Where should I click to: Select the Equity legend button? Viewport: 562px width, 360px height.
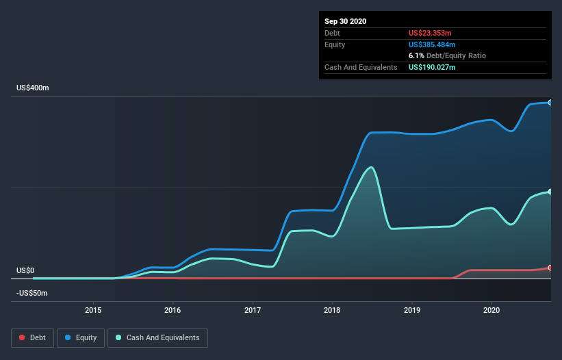point(81,337)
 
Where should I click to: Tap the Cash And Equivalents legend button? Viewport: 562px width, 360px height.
point(157,337)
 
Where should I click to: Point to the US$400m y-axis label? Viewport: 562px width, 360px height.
point(33,88)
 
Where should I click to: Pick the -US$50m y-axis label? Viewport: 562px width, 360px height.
point(32,294)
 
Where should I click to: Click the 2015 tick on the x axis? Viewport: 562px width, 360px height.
point(93,310)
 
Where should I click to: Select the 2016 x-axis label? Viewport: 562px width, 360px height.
point(173,310)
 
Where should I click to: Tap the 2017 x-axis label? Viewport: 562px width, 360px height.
point(253,310)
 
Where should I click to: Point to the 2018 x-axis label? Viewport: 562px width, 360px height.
point(332,310)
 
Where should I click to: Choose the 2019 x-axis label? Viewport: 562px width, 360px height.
point(412,310)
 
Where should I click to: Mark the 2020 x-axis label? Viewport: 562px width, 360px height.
point(491,310)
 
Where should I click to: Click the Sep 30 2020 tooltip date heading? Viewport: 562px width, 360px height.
point(345,21)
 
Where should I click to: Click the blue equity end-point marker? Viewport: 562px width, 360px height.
point(550,103)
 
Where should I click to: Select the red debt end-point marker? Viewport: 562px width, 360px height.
point(550,268)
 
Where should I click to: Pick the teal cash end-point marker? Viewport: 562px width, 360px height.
point(550,192)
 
